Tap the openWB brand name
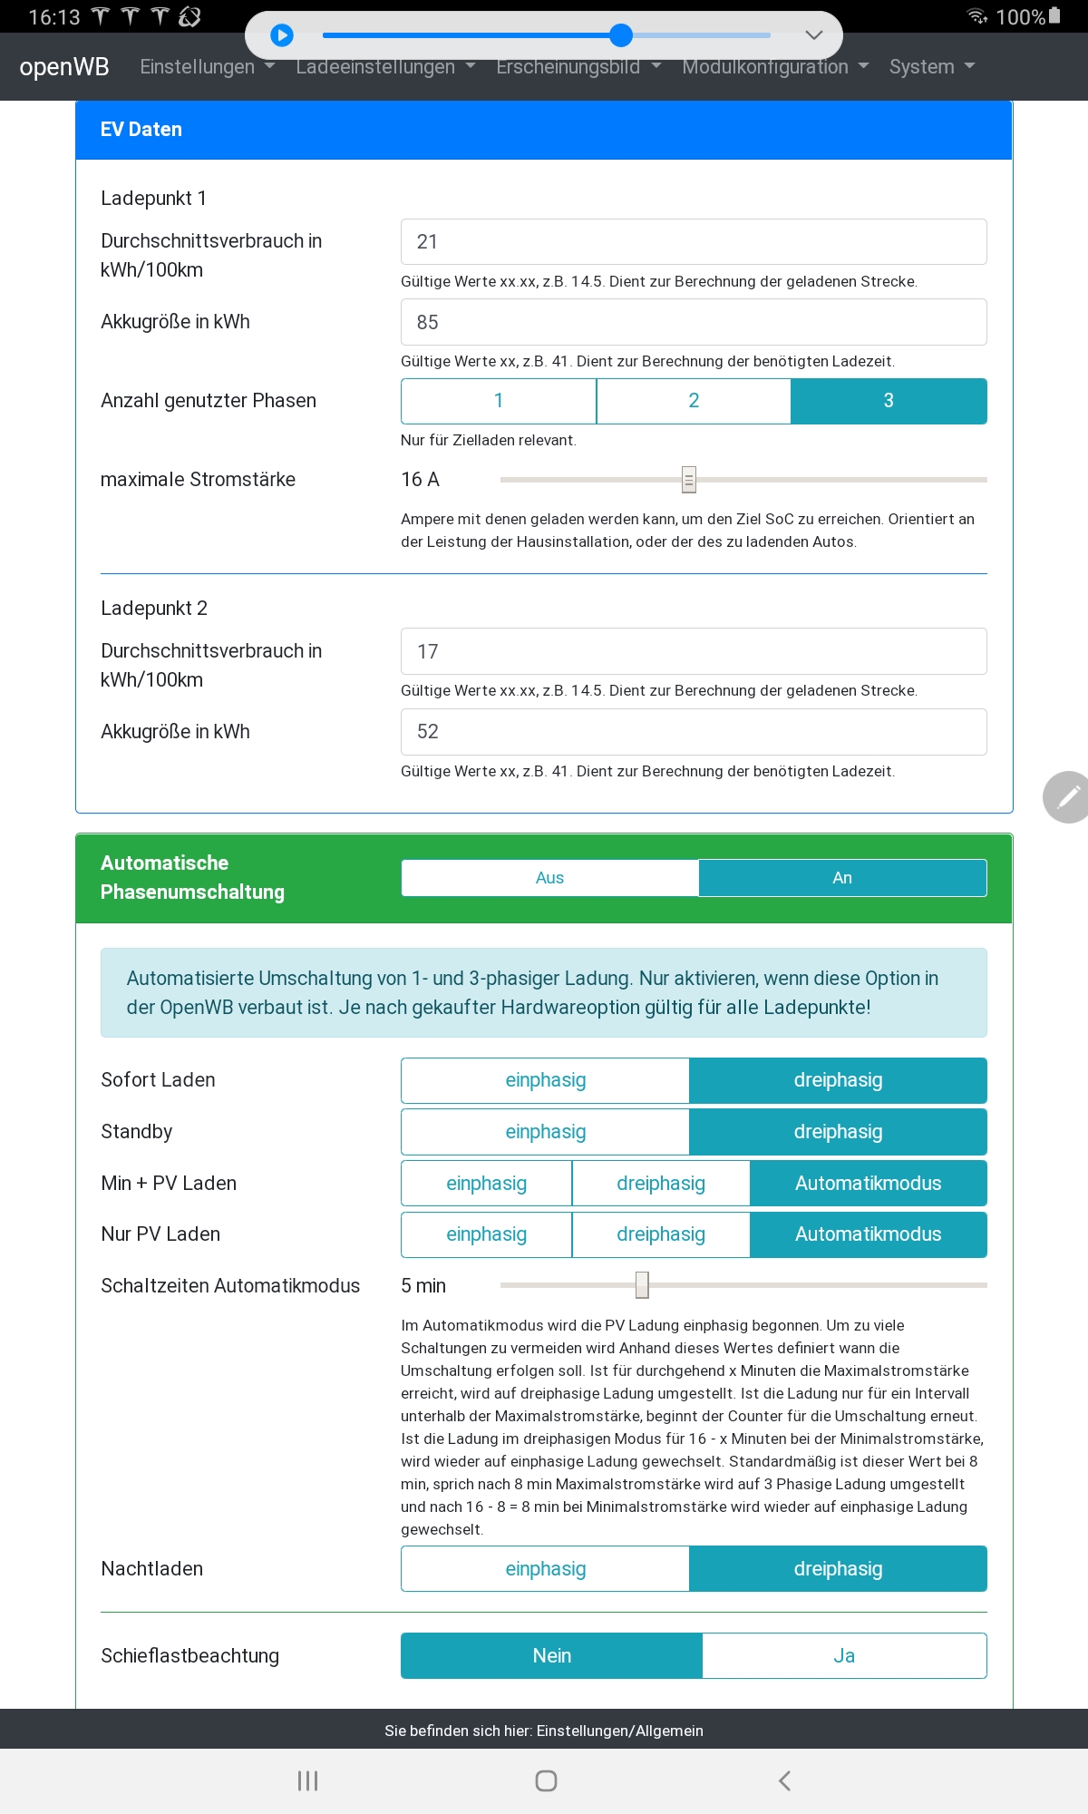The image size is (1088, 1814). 64,67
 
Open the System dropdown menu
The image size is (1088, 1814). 931,67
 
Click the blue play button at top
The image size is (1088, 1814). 282,35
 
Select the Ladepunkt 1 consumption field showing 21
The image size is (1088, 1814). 693,242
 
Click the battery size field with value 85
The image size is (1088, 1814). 693,322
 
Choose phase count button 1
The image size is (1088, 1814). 499,401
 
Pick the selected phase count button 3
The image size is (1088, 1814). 889,401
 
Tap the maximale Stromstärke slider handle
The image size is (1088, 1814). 689,480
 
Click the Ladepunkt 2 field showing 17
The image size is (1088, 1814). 693,651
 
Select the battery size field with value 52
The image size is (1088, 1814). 693,732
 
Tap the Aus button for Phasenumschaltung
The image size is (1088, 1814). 549,878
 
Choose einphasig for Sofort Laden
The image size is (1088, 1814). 545,1080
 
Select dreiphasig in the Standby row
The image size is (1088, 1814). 838,1132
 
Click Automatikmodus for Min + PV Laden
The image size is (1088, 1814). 868,1184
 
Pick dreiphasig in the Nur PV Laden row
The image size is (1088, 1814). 660,1234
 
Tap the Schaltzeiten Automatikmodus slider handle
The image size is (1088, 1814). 642,1285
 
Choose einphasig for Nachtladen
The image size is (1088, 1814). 545,1569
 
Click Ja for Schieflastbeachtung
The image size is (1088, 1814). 844,1656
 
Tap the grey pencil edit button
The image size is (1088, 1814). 1068,797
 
